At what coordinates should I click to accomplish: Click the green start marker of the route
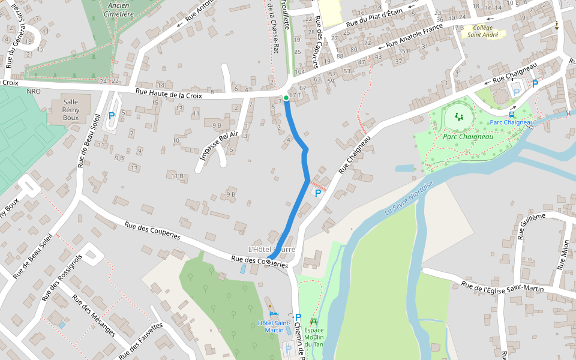[286, 97]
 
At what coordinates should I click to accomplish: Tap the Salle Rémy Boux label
[71, 110]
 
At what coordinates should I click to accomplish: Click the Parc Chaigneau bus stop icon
[512, 114]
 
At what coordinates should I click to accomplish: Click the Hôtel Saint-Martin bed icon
[274, 314]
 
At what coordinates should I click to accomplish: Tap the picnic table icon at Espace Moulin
[313, 322]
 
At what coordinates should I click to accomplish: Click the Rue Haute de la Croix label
[169, 92]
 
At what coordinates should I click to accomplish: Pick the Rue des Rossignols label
[61, 278]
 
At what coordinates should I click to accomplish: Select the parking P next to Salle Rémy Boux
[112, 115]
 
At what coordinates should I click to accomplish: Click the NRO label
[34, 91]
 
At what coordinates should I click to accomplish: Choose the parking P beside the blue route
[318, 193]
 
